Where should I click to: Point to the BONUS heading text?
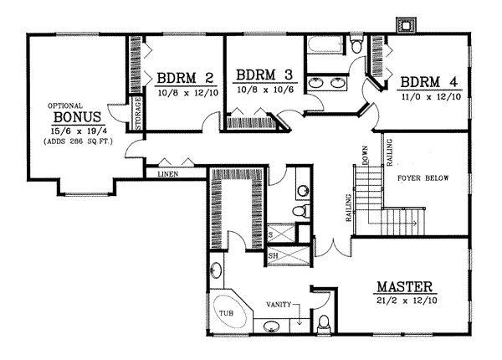[77, 116]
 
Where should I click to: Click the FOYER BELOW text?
[419, 177]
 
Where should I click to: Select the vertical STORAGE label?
[138, 115]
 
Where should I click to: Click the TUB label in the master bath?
[226, 313]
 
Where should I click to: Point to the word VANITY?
[279, 304]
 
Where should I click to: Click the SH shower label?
[273, 255]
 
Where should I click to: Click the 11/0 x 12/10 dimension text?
[429, 97]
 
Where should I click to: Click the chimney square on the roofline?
[407, 26]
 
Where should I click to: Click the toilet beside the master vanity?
[325, 323]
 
